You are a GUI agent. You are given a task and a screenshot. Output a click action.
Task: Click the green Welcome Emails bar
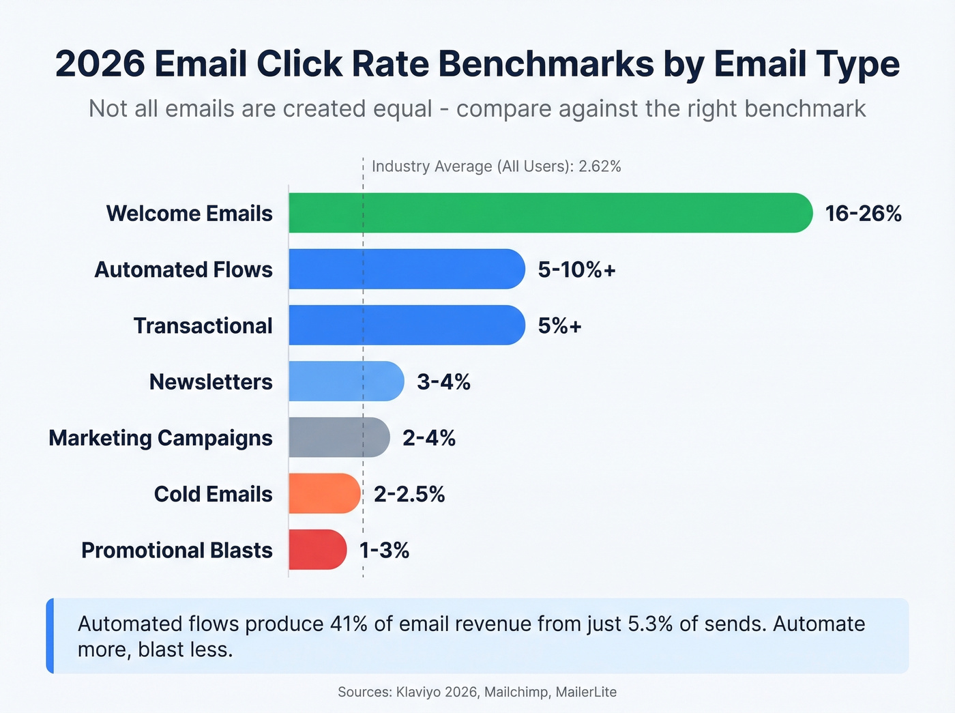550,213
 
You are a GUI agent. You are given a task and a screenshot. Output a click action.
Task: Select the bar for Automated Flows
407,269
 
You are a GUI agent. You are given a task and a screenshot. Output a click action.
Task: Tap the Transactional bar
407,325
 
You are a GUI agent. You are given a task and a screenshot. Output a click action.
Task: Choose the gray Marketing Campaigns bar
338,437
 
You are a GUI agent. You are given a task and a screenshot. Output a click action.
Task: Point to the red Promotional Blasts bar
317,549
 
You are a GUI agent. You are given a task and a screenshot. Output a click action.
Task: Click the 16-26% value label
863,214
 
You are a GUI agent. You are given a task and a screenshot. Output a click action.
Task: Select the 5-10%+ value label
576,270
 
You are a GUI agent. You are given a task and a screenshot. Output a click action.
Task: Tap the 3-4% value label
443,381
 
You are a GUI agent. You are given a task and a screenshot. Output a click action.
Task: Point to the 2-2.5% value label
409,494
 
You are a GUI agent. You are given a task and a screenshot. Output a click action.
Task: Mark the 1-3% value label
384,550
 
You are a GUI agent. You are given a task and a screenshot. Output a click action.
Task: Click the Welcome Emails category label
189,214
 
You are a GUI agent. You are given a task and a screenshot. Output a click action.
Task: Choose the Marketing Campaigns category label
160,438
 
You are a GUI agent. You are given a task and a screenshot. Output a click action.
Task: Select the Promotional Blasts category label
177,550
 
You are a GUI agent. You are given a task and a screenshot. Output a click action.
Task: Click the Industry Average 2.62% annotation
496,166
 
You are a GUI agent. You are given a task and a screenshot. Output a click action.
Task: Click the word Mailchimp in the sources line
516,692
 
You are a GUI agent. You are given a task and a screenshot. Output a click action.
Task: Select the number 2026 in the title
100,64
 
